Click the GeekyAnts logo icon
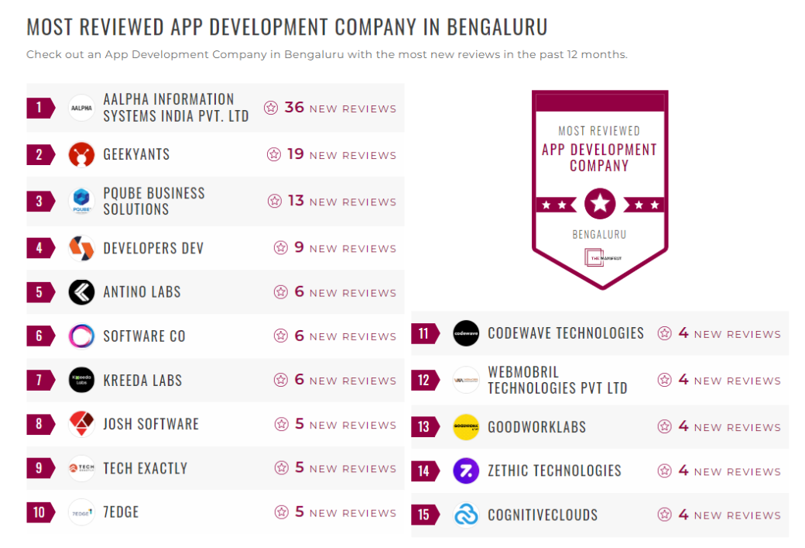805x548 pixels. click(x=81, y=155)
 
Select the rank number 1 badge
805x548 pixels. click(x=39, y=107)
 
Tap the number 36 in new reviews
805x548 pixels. click(x=294, y=108)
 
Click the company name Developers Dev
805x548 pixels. click(x=153, y=249)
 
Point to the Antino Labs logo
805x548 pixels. click(x=81, y=292)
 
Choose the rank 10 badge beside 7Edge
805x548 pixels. click(x=39, y=512)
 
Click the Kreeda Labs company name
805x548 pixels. click(x=142, y=381)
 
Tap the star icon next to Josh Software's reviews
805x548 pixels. click(x=281, y=425)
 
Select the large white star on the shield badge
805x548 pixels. click(x=600, y=205)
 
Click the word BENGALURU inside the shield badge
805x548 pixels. click(x=599, y=234)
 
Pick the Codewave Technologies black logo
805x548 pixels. click(x=466, y=333)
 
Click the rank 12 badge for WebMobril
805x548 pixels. click(x=423, y=381)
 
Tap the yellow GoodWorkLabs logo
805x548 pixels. click(x=466, y=427)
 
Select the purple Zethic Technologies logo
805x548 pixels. click(x=466, y=470)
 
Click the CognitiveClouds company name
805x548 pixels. click(x=543, y=515)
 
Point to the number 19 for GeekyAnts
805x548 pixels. click(x=295, y=154)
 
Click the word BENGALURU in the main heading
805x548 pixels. click(x=497, y=27)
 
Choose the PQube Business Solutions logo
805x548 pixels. click(x=81, y=201)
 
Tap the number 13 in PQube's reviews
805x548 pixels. click(x=296, y=201)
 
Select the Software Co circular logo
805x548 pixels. click(x=81, y=336)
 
